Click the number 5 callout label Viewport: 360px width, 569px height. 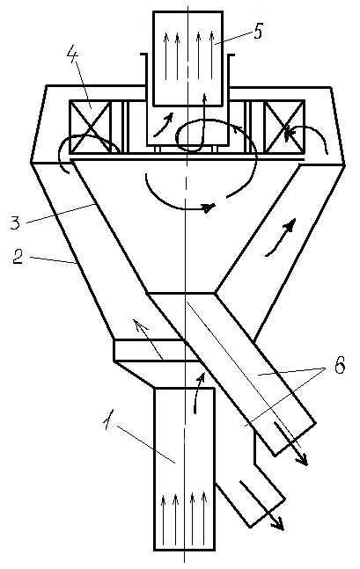[x=257, y=31]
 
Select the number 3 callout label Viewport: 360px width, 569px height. [x=15, y=222]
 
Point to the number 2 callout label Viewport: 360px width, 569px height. [x=18, y=256]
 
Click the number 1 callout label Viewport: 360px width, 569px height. [x=107, y=419]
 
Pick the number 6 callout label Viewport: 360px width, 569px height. [x=339, y=367]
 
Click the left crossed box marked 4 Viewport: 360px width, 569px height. [x=90, y=127]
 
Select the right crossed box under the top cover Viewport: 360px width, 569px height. [x=284, y=127]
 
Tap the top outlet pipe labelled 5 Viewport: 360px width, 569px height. [x=187, y=59]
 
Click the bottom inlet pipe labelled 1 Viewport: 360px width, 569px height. [x=184, y=469]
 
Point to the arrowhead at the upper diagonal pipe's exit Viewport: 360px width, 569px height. [x=303, y=460]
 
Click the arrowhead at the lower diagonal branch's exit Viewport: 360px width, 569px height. [x=278, y=523]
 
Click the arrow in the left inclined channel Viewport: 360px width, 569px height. [x=148, y=339]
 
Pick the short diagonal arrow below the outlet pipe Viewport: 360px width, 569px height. [x=164, y=125]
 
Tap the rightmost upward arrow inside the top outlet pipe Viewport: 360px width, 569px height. [x=212, y=55]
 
